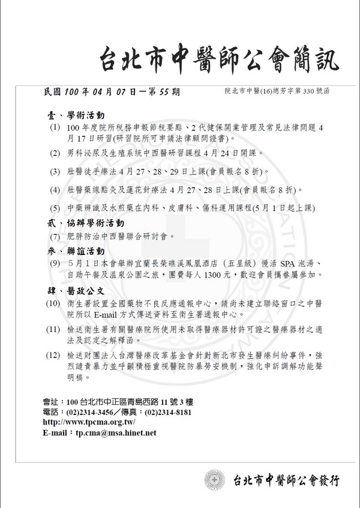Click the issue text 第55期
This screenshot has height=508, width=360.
162,92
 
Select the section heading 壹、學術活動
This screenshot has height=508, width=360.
76,115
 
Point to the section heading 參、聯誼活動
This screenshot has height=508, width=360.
76,250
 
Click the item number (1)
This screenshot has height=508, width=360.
55,128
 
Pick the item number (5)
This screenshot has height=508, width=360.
55,208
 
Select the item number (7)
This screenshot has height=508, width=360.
55,236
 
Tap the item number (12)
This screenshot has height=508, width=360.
54,355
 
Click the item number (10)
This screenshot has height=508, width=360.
54,304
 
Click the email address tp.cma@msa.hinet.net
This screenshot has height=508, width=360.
116,432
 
